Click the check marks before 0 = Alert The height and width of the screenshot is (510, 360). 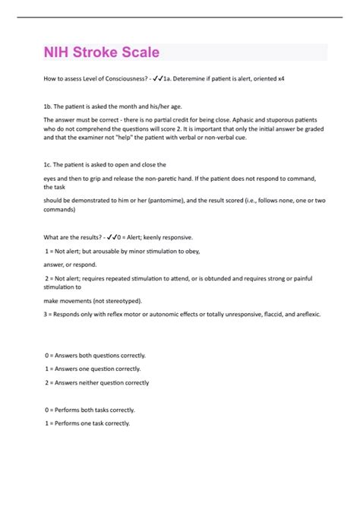point(114,237)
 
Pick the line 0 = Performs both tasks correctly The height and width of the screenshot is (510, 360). point(88,410)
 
